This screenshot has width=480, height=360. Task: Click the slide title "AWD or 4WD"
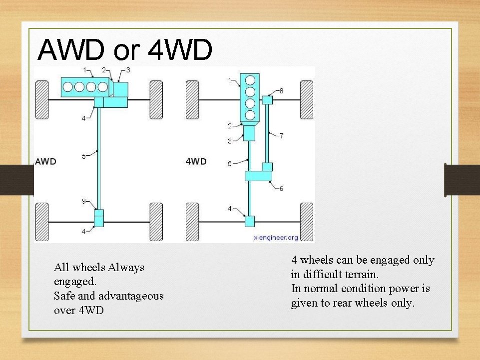(125, 50)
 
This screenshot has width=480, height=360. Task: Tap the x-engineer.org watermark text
(276, 238)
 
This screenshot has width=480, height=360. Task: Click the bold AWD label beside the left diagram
(45, 162)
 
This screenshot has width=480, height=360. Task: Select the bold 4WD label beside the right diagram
(197, 162)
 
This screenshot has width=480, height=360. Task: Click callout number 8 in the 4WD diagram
(281, 91)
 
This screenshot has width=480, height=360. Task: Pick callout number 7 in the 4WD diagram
(281, 135)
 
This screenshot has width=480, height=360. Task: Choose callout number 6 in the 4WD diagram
(281, 189)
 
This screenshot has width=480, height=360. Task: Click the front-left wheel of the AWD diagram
(41, 99)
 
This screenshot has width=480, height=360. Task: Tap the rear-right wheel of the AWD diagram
(156, 222)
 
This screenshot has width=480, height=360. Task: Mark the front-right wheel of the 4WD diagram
(306, 99)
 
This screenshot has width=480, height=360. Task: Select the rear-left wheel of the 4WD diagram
(192, 222)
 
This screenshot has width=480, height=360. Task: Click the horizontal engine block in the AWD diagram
(85, 87)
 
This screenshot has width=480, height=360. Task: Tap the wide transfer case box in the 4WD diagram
(258, 176)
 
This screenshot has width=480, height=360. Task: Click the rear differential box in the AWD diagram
(99, 219)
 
